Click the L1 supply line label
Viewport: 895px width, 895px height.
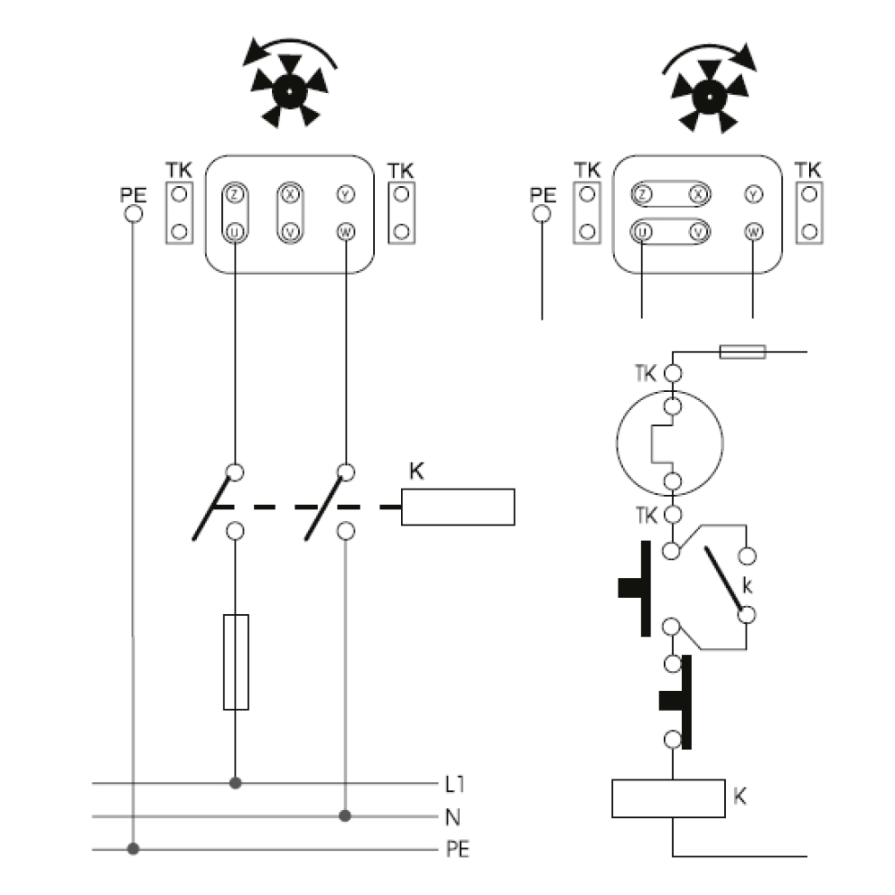click(x=456, y=785)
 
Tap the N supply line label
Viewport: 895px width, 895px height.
click(x=453, y=816)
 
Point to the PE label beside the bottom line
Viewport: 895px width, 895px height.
click(x=457, y=848)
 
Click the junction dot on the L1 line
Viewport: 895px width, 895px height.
click(x=235, y=783)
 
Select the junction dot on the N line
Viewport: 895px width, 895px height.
click(x=345, y=816)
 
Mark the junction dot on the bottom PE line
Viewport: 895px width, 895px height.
click(x=133, y=848)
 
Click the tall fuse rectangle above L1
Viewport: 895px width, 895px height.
click(x=235, y=662)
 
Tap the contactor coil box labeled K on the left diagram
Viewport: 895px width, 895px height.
click(x=457, y=507)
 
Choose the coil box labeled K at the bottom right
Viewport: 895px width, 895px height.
click(x=668, y=798)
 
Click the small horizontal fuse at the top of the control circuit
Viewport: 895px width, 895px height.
click(x=742, y=352)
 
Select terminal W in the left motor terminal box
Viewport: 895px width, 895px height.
click(x=345, y=232)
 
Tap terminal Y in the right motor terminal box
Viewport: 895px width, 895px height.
click(x=754, y=194)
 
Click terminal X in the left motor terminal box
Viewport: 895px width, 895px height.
click(x=289, y=193)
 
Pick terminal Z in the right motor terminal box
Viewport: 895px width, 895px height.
click(x=642, y=194)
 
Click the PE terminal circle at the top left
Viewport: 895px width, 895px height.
click(x=133, y=214)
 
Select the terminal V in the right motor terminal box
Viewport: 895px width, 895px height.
click(x=698, y=232)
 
